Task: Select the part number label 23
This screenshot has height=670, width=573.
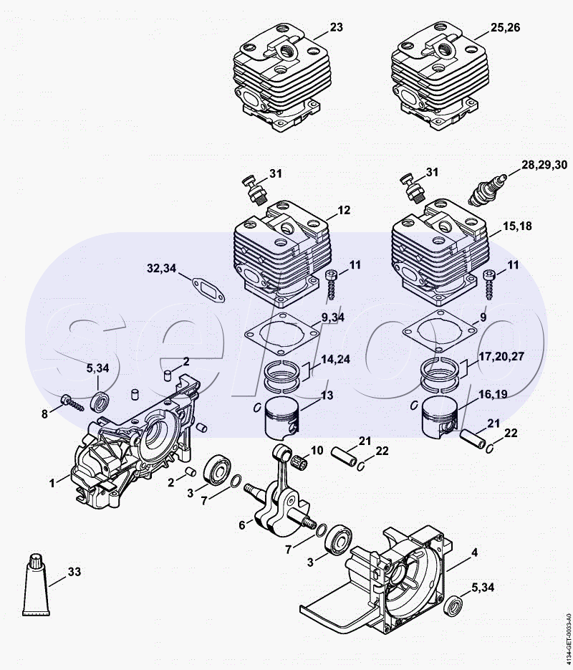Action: (x=337, y=27)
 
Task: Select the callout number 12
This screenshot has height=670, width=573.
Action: (x=344, y=210)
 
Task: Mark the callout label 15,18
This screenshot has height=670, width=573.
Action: (x=516, y=226)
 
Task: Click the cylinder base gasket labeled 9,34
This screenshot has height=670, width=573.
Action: (x=280, y=332)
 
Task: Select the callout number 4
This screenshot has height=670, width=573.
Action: (x=474, y=552)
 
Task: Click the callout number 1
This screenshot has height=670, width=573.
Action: (x=52, y=484)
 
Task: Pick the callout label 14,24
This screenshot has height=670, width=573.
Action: (x=336, y=360)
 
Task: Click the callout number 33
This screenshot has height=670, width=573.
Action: (x=74, y=572)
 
